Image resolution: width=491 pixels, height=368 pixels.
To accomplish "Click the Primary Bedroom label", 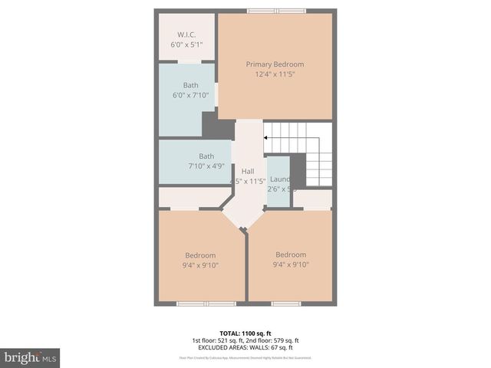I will tap(275, 64).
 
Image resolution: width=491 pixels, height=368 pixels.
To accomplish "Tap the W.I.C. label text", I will tap(186, 34).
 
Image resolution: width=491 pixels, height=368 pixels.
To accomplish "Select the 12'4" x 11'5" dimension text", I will tap(275, 74).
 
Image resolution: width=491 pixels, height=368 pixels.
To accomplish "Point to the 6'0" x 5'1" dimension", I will tap(186, 44).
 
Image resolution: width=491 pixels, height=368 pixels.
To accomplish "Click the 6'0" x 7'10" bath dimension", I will tap(190, 95).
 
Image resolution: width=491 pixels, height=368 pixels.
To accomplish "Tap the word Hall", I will tap(248, 171).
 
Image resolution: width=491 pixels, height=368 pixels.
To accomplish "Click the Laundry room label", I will tap(279, 179).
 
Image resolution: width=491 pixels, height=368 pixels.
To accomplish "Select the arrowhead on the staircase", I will tap(266, 138).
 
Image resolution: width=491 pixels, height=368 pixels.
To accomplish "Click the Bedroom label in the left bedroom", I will tap(200, 255).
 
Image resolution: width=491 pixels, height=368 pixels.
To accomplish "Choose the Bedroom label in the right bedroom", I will tap(291, 255).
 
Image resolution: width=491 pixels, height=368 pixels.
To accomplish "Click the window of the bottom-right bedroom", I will tap(285, 304).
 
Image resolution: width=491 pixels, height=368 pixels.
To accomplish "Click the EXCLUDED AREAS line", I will tap(245, 347).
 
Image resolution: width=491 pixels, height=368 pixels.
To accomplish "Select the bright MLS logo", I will tap(30, 357).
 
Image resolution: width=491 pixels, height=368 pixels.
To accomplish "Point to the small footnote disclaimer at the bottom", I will tap(245, 357).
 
